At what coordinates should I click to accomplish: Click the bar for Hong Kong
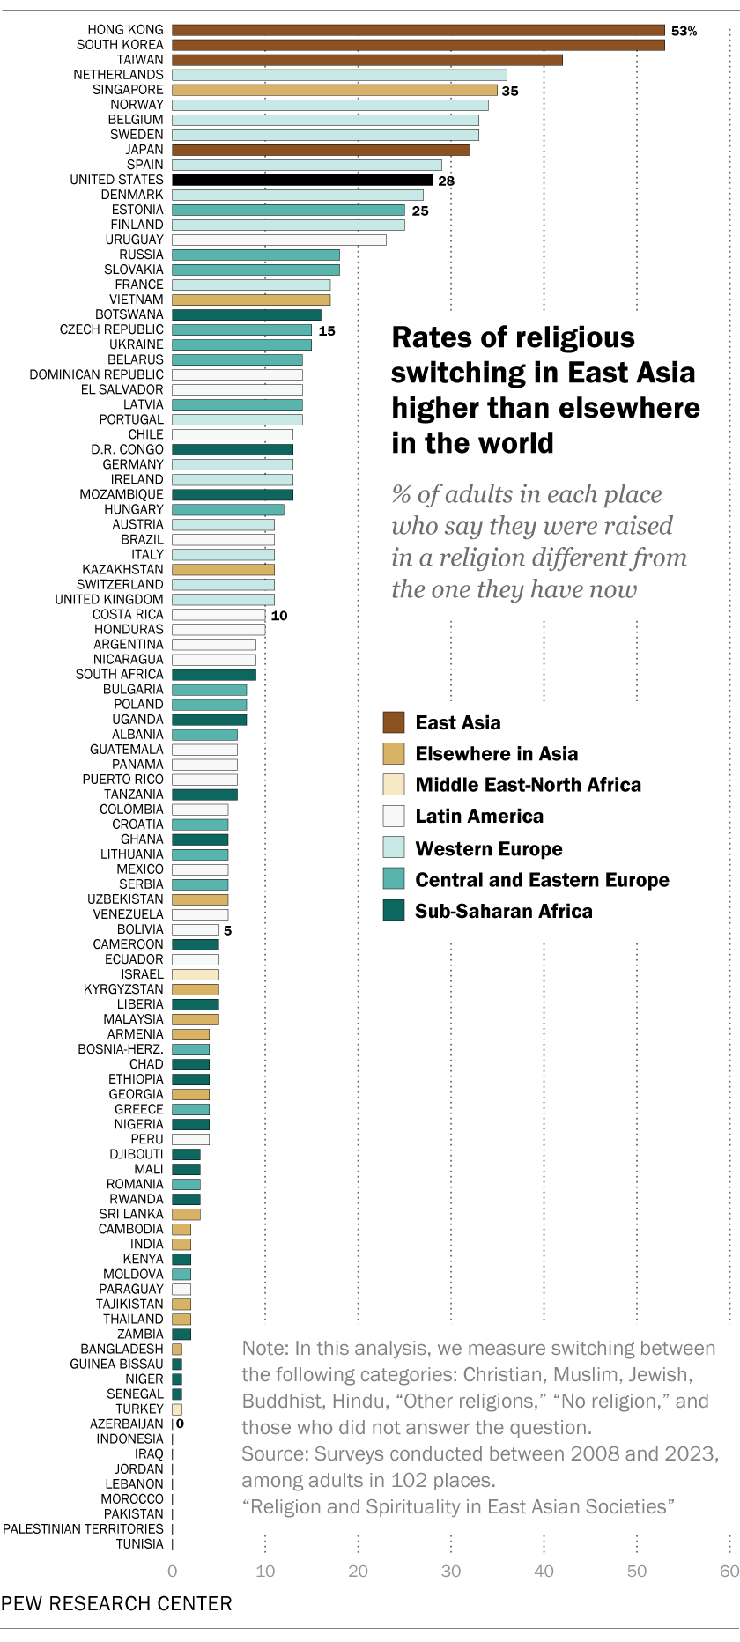418,30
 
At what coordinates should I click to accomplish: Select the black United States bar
301,180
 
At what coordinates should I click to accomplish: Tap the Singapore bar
334,90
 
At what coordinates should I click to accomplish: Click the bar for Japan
320,150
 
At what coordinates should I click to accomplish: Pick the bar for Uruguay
278,240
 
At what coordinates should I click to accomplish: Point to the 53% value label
684,31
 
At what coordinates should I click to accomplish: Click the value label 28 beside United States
446,181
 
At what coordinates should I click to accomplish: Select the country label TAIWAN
140,60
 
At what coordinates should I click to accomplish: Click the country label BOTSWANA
129,314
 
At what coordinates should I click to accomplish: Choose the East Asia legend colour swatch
393,722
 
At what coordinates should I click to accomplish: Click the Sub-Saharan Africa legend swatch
393,911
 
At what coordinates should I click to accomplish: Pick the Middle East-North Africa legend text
528,785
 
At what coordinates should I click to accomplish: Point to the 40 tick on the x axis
544,1571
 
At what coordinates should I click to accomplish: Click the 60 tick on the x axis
729,1571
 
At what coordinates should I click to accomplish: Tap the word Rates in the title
425,337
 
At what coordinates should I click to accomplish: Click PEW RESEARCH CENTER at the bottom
116,1602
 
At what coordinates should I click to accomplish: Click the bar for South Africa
213,675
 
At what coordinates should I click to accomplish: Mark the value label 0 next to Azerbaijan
180,1423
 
